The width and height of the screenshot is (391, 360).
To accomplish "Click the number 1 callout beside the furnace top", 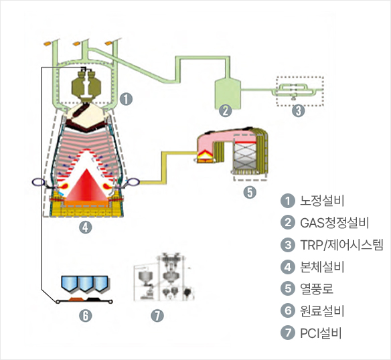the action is point(126,99).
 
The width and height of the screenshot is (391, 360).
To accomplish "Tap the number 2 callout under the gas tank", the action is point(226,110).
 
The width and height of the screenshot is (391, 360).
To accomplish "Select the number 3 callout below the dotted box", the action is point(299,110).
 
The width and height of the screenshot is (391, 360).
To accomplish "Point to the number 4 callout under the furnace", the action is point(85,228).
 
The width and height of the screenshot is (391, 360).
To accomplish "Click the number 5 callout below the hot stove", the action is point(250,192).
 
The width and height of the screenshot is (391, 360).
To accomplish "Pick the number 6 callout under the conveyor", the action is point(86,316).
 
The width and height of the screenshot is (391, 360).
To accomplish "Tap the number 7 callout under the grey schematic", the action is point(157,316).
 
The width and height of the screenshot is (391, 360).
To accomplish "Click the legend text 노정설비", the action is point(322,201).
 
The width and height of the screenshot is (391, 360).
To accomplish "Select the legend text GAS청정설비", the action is point(334,223).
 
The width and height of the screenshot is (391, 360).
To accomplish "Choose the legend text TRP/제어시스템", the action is point(341,245).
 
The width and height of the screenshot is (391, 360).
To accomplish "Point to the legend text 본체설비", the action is point(322,267).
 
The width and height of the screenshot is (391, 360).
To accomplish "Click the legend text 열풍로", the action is point(317,288).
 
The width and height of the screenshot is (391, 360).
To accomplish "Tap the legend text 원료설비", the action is point(322,310).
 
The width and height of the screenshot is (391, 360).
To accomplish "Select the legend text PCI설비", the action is point(321,333).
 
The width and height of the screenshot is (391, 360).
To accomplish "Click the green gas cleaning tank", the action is point(228,94).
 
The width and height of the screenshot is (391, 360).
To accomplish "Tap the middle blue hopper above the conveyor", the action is point(86,284).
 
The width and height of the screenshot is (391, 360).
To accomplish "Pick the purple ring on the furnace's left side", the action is point(38,182).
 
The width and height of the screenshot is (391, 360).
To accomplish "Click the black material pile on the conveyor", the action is point(93,298).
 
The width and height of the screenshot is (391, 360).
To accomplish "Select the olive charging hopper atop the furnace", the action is point(86,85).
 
